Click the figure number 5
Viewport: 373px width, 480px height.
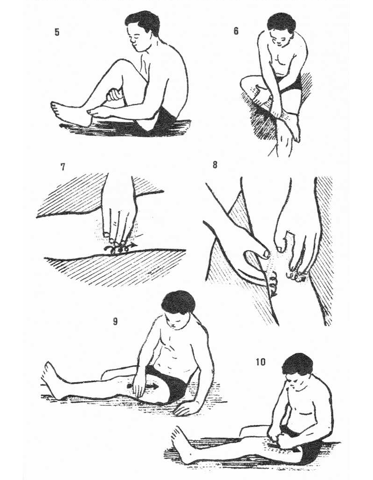(x=57, y=32)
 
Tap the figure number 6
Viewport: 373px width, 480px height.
(x=236, y=31)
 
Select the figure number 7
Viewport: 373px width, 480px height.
(x=63, y=167)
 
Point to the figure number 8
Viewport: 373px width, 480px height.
(x=214, y=165)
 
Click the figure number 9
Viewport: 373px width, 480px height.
(x=115, y=321)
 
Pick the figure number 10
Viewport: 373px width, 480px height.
(x=261, y=362)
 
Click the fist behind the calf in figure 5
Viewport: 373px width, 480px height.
(x=116, y=95)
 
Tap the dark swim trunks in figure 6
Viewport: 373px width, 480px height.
(x=291, y=83)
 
